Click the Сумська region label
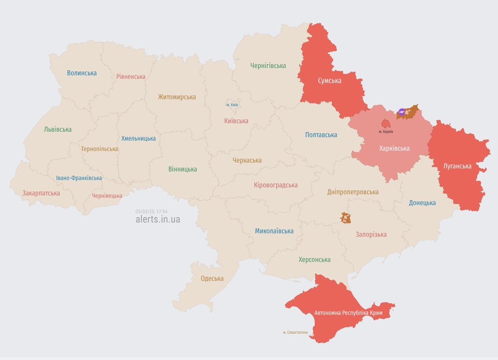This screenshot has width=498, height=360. coord(329,81)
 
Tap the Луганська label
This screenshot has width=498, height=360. coord(457,166)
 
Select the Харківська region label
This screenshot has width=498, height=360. coord(394,148)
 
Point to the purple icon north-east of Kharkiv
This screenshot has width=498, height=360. coord(401,112)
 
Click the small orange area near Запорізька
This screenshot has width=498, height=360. coord(346,217)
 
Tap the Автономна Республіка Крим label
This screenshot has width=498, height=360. coord(348,313)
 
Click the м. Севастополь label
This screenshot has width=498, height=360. coord(295,332)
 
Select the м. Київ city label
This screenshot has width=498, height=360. coord(232,105)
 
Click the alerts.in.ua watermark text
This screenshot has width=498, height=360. coord(157,219)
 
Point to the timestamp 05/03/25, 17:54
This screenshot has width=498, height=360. coord(151,211)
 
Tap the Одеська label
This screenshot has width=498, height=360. coord(212,278)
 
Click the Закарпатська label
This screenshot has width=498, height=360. coord(41,193)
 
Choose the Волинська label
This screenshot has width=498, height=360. coord(82,73)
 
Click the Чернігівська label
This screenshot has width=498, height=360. coord(268,66)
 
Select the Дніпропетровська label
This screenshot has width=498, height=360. coord(353,192)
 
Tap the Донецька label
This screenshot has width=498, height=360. coord(422,202)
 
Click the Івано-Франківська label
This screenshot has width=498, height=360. coord(79,178)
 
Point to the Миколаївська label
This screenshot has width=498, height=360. coord(274,231)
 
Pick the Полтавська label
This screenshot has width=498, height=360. coord(321,135)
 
